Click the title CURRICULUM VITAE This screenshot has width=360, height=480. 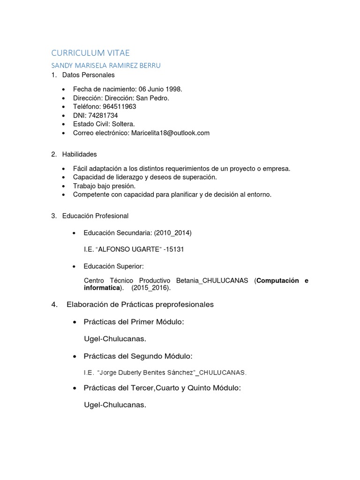pyautogui.click(x=90, y=53)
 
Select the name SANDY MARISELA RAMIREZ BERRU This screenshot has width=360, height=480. pyautogui.click(x=106, y=66)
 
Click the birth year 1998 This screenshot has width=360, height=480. pyautogui.click(x=173, y=89)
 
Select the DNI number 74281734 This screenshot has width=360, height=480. pyautogui.click(x=103, y=115)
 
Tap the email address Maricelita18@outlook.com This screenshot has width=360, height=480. pyautogui.click(x=170, y=133)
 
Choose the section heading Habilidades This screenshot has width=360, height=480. pyautogui.click(x=80, y=154)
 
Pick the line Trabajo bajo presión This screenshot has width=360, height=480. pyautogui.click(x=105, y=186)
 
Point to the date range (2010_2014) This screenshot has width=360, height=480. pyautogui.click(x=172, y=233)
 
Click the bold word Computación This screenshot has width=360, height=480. pyautogui.click(x=277, y=281)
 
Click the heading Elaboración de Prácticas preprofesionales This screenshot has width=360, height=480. pyautogui.click(x=140, y=305)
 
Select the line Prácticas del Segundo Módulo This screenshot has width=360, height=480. pyautogui.click(x=138, y=357)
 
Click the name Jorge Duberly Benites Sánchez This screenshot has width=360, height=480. pyautogui.click(x=146, y=373)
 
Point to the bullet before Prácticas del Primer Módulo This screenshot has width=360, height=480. pyautogui.click(x=75, y=323)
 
